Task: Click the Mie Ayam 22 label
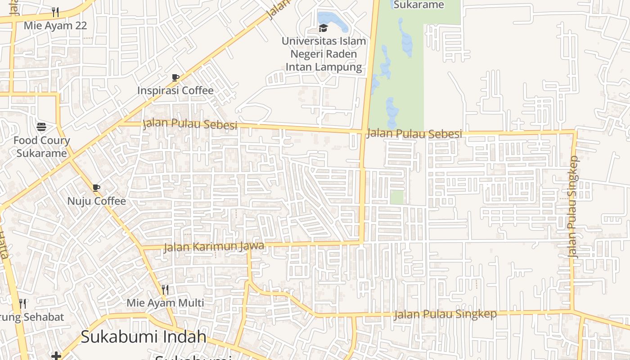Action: click(55, 25)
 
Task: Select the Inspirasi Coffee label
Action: click(175, 90)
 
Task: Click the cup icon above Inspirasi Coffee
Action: click(175, 77)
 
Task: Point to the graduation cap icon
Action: click(323, 28)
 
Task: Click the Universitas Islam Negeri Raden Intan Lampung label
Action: click(324, 54)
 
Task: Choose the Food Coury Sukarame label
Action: click(41, 147)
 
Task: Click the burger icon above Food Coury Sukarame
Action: click(41, 127)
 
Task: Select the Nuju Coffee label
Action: click(97, 201)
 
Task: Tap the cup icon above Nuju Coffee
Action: click(96, 188)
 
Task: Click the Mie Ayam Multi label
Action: click(165, 303)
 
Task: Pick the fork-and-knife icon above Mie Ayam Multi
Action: click(165, 289)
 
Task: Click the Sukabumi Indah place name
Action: click(144, 337)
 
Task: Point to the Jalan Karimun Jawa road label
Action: click(213, 246)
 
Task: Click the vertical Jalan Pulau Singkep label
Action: click(572, 207)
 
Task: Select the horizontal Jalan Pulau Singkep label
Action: click(445, 314)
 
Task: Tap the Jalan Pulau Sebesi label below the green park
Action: click(414, 134)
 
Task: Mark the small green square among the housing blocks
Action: click(396, 197)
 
